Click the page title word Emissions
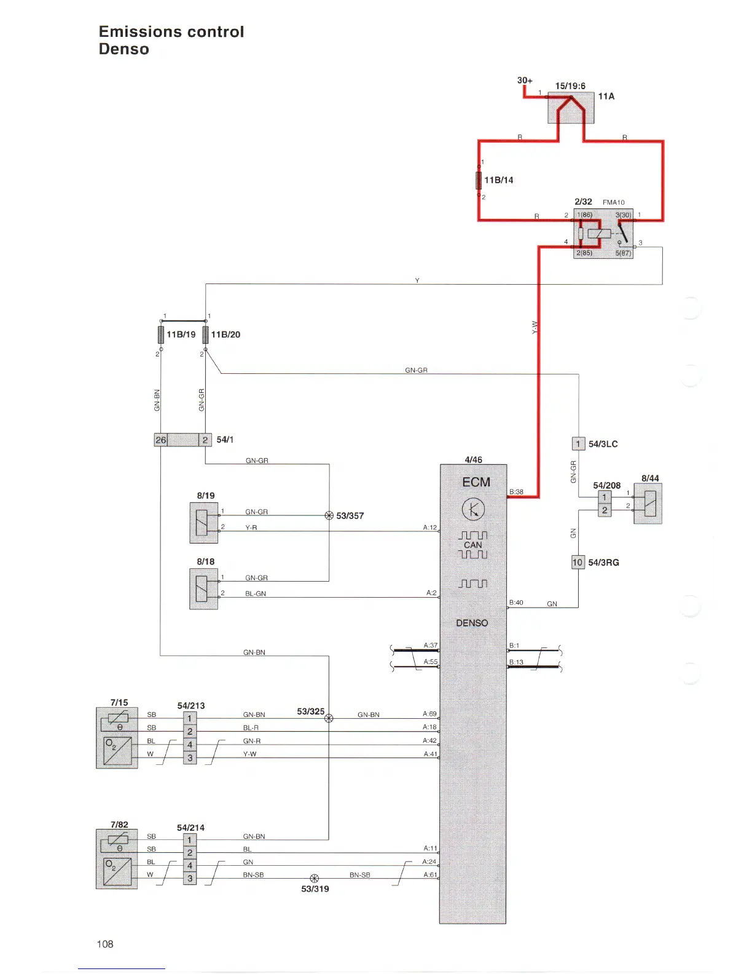[x=136, y=32]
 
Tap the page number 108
[x=105, y=944]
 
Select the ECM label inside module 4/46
[x=476, y=482]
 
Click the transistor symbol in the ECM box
[x=473, y=509]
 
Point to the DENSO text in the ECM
[x=472, y=623]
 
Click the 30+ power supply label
[x=525, y=81]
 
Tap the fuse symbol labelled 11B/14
[x=479, y=180]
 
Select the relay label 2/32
[x=583, y=202]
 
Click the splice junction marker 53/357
[x=329, y=515]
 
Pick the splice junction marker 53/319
[x=315, y=879]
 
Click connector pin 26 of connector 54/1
[x=161, y=440]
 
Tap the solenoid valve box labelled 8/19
[x=204, y=523]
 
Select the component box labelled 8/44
[x=648, y=504]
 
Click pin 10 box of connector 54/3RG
[x=578, y=562]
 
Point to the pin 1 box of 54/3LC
[x=578, y=443]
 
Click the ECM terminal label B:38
[x=516, y=492]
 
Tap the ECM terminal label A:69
[x=429, y=714]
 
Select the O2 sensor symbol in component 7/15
[x=117, y=750]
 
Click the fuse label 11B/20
[x=225, y=335]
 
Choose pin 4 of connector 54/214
[x=190, y=865]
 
